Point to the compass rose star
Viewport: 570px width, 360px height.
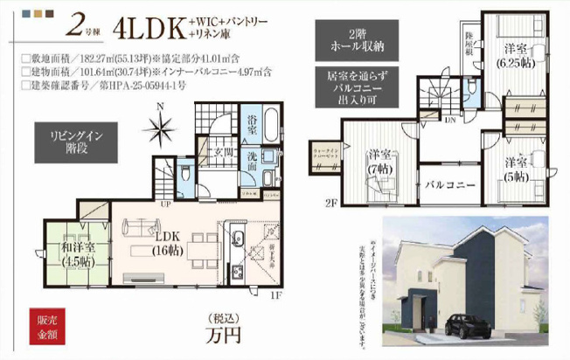pos(161,130)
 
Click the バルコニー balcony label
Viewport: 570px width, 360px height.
pos(450,184)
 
